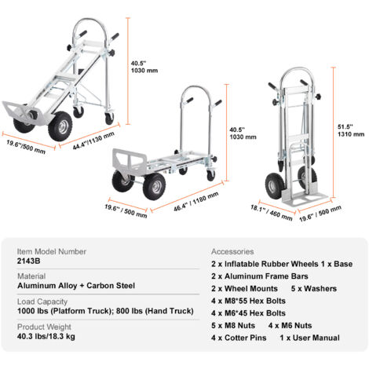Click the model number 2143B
(29, 261)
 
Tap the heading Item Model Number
(52, 251)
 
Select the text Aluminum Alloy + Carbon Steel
(76, 286)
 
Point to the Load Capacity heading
(42, 301)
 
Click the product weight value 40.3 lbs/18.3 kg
(46, 336)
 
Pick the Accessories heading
(232, 251)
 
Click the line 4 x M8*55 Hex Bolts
(248, 301)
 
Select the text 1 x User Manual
(309, 338)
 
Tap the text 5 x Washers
(314, 289)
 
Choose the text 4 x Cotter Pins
(239, 338)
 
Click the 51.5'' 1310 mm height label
(351, 130)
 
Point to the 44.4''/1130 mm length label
(93, 141)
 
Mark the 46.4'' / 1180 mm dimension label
(196, 202)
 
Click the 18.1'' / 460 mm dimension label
(272, 213)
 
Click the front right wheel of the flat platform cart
(155, 186)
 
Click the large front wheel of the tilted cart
(60, 126)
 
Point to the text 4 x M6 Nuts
(290, 326)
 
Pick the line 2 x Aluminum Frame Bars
(260, 276)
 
